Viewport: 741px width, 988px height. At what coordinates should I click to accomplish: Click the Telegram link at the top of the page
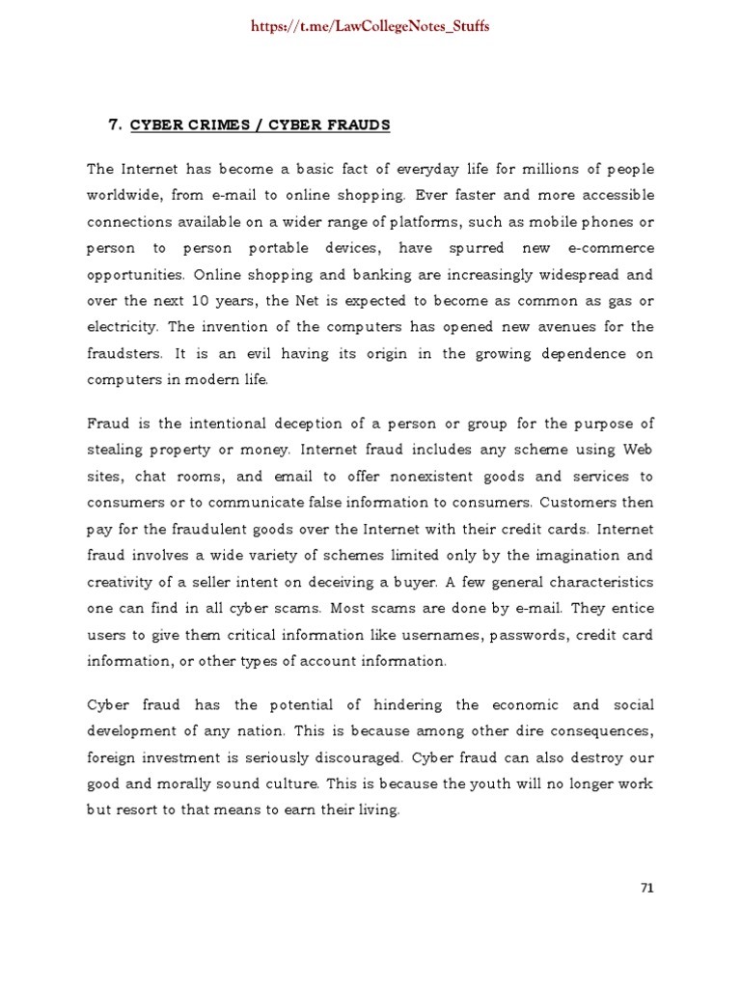point(370,26)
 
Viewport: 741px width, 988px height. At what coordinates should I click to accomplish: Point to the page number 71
point(647,888)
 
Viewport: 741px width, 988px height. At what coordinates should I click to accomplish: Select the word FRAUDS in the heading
point(358,124)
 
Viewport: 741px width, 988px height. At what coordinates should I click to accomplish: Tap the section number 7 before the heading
point(113,124)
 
